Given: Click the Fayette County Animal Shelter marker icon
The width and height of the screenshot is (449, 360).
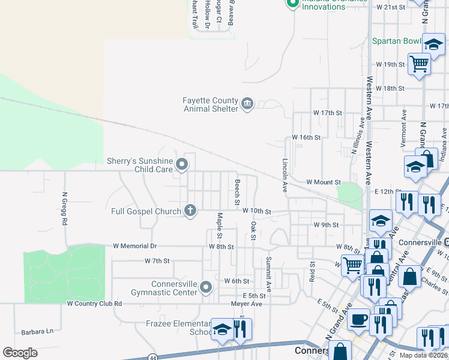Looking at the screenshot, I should tap(247, 104).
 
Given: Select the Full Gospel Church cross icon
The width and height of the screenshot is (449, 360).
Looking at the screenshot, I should tap(190, 211).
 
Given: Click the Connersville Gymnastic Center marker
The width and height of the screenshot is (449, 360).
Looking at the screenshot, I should tap(206, 287).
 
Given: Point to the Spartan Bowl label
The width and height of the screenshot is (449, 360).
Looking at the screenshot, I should tap(397, 41).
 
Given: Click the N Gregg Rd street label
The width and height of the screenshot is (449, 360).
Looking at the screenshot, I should tap(64, 209).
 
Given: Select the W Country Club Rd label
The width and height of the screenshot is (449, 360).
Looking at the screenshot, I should tap(94, 304).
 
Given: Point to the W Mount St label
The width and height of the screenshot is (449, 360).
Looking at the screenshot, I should tap(323, 182).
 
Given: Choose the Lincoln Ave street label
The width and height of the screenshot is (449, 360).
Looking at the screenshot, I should tap(285, 175).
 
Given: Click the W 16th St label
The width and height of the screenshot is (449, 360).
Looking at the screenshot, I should tap(306, 137).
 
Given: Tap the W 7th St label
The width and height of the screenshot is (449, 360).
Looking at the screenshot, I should tap(157, 261).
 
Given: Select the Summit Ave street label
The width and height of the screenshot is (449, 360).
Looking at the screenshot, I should tap(268, 274).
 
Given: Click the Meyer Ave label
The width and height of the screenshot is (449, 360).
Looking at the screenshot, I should tap(247, 304).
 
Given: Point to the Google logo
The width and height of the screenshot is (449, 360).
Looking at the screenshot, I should tap(20, 353).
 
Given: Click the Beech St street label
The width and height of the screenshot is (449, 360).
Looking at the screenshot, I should tap(238, 190).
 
